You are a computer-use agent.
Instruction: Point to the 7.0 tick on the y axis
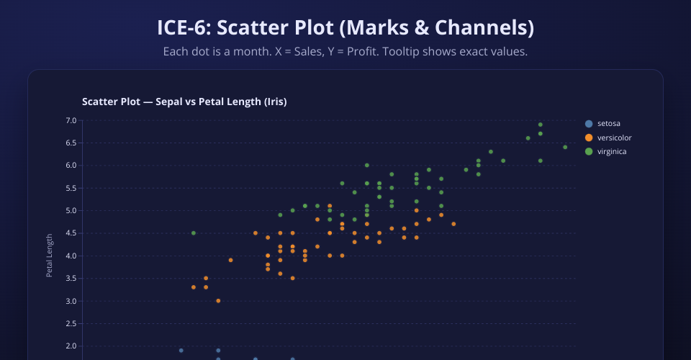pos(70,120)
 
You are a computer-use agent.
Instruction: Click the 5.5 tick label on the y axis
pos(70,188)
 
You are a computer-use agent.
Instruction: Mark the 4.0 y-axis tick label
pos(70,256)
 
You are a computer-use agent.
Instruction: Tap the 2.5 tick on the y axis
pos(70,324)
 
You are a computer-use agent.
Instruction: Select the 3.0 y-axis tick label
pos(70,301)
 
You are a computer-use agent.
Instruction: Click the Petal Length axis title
pos(50,256)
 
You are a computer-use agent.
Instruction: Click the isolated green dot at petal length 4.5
pos(194,233)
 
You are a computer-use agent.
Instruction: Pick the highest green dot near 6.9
pos(540,125)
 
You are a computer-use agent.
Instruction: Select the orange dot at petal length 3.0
pos(218,301)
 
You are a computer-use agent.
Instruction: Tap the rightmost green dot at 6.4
pos(565,148)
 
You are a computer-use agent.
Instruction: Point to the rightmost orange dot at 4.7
pos(453,224)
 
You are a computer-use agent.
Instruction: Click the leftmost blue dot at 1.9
pos(181,351)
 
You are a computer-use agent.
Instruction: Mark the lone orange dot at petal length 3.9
pos(230,260)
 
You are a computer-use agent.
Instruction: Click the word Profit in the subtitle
pos(352,52)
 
